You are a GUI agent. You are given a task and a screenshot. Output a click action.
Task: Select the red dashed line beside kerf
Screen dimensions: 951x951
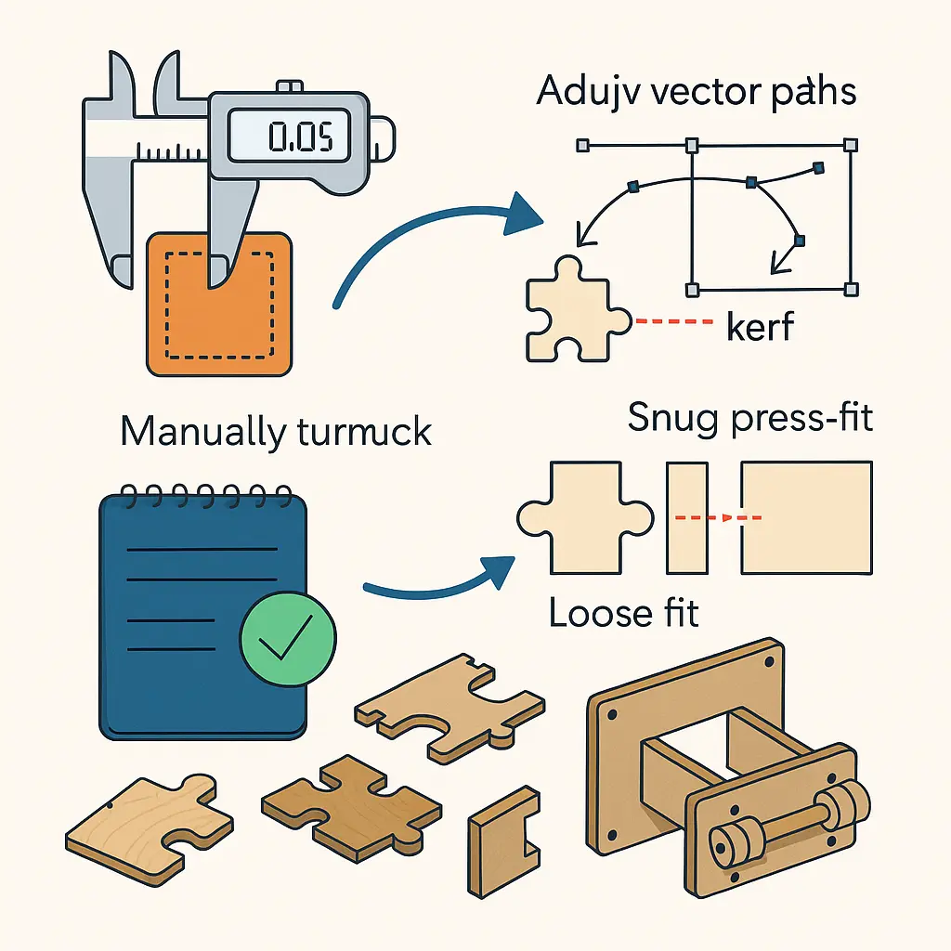coord(671,321)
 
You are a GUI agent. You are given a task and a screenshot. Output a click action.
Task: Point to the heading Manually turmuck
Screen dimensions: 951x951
coord(276,432)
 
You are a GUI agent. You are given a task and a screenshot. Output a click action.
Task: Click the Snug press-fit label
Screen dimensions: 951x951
coord(750,418)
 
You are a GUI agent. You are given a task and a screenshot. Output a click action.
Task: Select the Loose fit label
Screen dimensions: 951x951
coord(623,614)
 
